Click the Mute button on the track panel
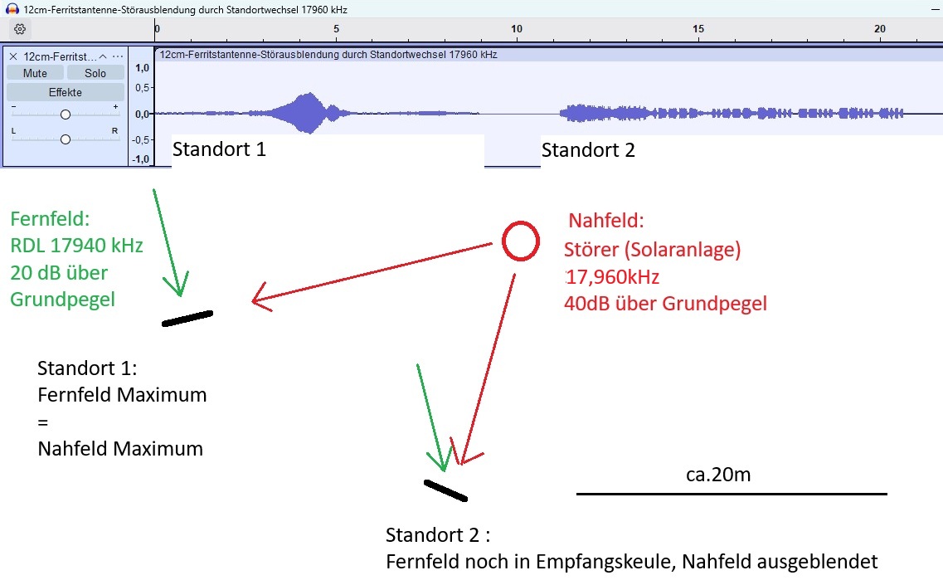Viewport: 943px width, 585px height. [x=35, y=73]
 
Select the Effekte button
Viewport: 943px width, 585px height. [x=65, y=92]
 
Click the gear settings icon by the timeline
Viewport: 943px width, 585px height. [x=20, y=29]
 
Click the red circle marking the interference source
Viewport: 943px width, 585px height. [x=519, y=241]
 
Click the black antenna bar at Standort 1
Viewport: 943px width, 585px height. [x=187, y=319]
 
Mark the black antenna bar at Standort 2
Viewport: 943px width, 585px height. [x=445, y=490]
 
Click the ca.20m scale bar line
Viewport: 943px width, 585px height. [x=731, y=494]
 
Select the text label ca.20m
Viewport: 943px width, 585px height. [x=718, y=475]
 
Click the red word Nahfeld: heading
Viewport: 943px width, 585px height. [x=605, y=222]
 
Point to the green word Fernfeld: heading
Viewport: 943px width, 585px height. [x=50, y=220]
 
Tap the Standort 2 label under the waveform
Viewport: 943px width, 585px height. [x=588, y=150]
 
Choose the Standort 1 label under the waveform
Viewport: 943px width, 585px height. [x=219, y=150]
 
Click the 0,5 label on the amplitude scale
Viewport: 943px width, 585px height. [x=142, y=87]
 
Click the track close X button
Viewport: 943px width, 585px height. [x=13, y=56]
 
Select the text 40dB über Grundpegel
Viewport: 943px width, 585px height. [x=665, y=304]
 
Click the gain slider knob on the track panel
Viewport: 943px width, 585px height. [x=66, y=114]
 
